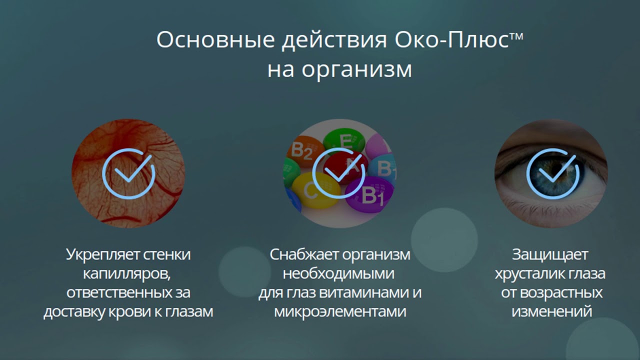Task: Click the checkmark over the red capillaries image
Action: pos(128,173)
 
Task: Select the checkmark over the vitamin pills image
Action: pos(338,173)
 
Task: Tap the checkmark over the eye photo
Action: pos(552,173)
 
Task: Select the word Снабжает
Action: pos(303,254)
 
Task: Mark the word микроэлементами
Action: pos(340,311)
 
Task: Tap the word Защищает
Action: pos(550,254)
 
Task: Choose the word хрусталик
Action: pos(530,273)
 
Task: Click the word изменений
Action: pos(552,311)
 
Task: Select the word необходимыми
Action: pos(338,273)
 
